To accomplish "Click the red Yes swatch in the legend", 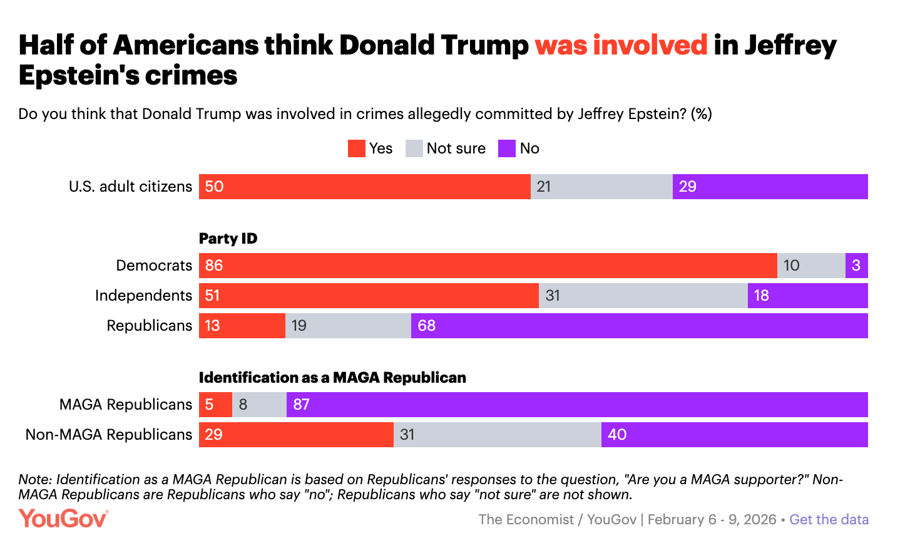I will coord(357,148).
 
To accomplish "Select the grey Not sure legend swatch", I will coord(414,148).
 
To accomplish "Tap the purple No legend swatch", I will coord(507,148).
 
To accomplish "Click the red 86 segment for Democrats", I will coord(488,266).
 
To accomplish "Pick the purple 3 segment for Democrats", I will coord(856,266).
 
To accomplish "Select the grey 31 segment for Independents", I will coord(643,296).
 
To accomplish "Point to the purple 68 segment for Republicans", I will coord(639,326).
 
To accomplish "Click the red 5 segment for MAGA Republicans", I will coord(215,405).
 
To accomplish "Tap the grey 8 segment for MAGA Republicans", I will coord(259,405).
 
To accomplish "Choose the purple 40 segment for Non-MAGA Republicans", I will coord(734,435).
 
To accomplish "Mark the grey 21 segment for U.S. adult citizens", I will coord(601,187).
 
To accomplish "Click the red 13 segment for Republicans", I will coord(242,326).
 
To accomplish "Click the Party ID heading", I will coord(228,239).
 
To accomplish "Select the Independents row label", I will coord(143,296).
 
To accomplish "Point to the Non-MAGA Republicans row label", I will coord(109,435).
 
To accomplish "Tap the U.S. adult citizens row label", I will coord(130,187).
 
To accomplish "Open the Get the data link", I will coord(829,519).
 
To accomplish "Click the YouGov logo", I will coord(63,519).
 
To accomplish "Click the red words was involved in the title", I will coord(621,45).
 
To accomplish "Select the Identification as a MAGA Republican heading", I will coord(332,378).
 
